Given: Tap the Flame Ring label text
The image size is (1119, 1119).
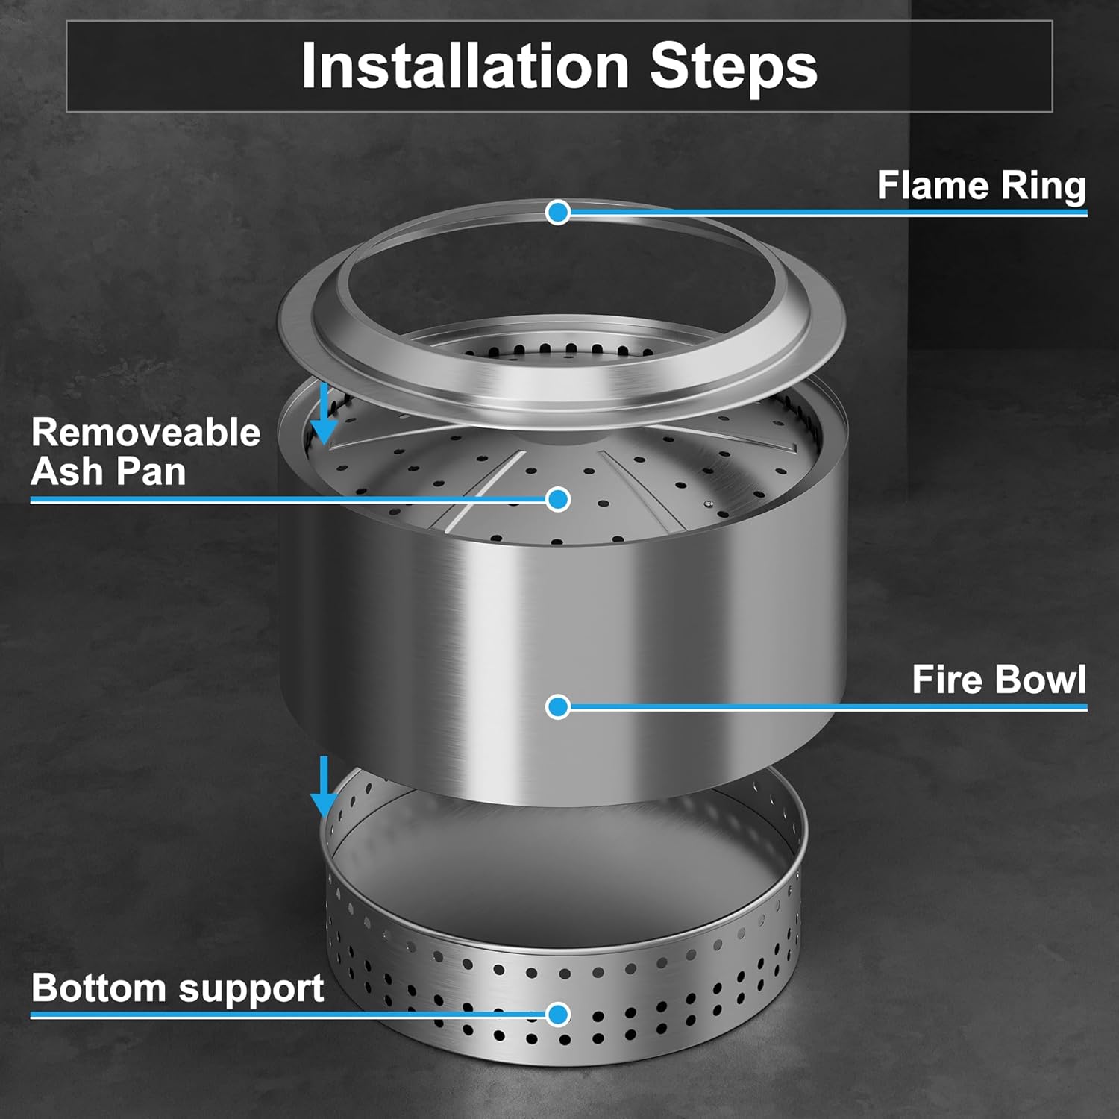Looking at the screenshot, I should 981,185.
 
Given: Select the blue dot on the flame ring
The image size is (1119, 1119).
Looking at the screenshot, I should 557,213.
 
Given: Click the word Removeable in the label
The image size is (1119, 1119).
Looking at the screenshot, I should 146,433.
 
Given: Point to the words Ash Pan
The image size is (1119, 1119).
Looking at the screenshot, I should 109,472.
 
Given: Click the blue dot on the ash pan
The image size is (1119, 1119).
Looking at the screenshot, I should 557,499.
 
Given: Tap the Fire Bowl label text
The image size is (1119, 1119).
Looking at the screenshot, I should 998,680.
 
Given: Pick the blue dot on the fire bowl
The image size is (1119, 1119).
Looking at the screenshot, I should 557,706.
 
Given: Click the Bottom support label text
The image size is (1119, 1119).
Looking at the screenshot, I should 178,988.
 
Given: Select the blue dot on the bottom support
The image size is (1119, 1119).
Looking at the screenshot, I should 557,1015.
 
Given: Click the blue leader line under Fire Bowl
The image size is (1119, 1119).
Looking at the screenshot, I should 821,706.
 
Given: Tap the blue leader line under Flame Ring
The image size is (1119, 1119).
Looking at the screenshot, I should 821,213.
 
